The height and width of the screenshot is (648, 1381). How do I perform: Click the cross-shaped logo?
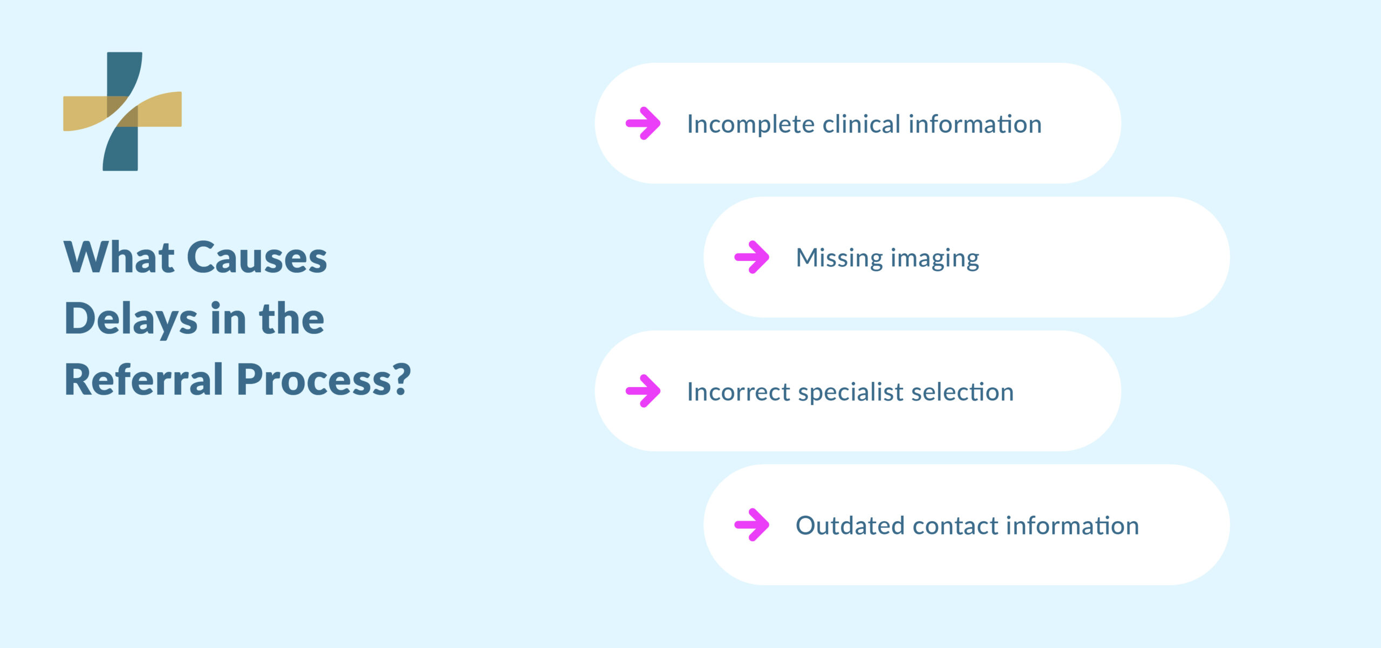122,111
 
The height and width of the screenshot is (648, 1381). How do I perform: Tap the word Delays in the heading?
131,319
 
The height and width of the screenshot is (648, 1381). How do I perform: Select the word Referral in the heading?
144,380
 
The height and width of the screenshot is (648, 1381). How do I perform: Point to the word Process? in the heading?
324,380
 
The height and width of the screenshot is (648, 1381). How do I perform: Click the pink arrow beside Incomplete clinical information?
643,123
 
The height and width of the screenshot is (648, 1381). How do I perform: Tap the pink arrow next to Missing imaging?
752,257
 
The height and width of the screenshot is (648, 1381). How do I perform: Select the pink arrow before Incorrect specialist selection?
643,391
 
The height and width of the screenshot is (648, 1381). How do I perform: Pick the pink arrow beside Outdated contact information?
752,525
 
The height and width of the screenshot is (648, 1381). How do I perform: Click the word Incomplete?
750,125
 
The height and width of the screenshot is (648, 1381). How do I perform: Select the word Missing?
839,258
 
